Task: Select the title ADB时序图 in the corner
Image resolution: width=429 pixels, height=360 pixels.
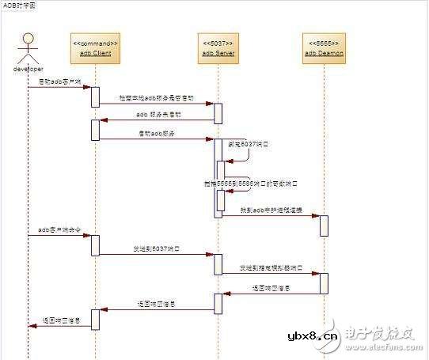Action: pyautogui.click(x=19, y=5)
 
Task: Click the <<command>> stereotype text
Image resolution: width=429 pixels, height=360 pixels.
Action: pyautogui.click(x=95, y=41)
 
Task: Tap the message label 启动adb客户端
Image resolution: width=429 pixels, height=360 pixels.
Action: pyautogui.click(x=59, y=81)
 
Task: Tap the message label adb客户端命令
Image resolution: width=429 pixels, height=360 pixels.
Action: pyautogui.click(x=59, y=230)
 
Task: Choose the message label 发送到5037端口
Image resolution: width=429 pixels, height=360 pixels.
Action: pyautogui.click(x=155, y=248)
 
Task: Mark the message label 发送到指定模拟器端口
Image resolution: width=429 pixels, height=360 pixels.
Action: pyautogui.click(x=271, y=269)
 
